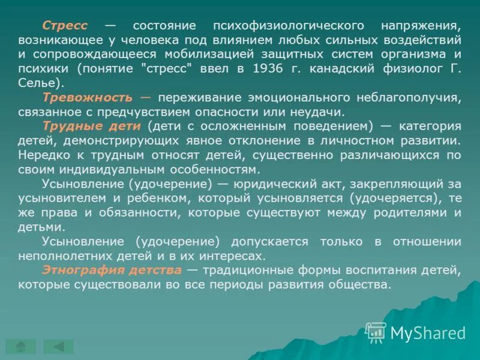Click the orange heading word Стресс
coord(65,26)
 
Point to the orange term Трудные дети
coord(91,126)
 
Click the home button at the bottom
coord(21,346)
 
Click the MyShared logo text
coord(427,333)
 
